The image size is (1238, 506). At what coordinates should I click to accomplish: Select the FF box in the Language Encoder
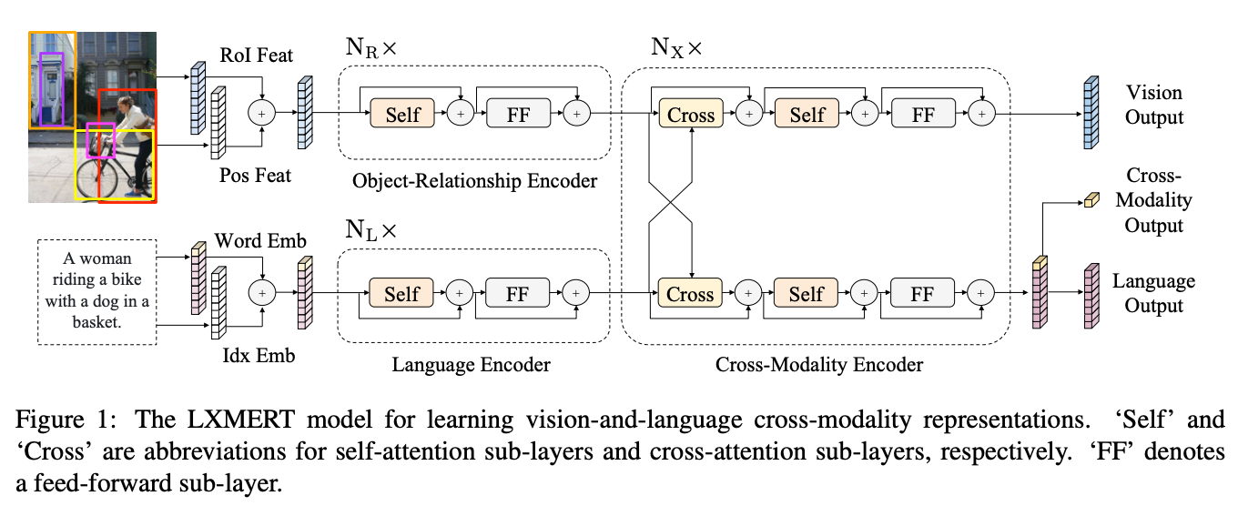[x=518, y=293]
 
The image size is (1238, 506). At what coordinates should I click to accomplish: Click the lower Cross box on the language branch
[x=690, y=293]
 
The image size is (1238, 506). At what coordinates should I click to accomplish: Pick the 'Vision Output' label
[x=1153, y=105]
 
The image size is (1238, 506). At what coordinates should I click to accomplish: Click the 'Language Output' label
[x=1153, y=293]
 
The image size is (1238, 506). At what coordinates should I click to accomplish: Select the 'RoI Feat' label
[x=256, y=56]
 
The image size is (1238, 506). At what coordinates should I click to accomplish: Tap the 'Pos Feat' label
[x=256, y=175]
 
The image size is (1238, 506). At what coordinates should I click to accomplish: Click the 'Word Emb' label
[x=259, y=240]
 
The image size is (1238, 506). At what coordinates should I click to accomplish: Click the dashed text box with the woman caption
[x=97, y=292]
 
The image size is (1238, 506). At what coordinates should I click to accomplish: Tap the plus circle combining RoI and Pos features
[x=262, y=113]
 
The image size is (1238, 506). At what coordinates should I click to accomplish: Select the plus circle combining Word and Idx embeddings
[x=262, y=292]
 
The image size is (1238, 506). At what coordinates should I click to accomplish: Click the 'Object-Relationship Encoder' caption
[x=474, y=181]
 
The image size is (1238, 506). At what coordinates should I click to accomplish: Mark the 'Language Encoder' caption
[x=471, y=365]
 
